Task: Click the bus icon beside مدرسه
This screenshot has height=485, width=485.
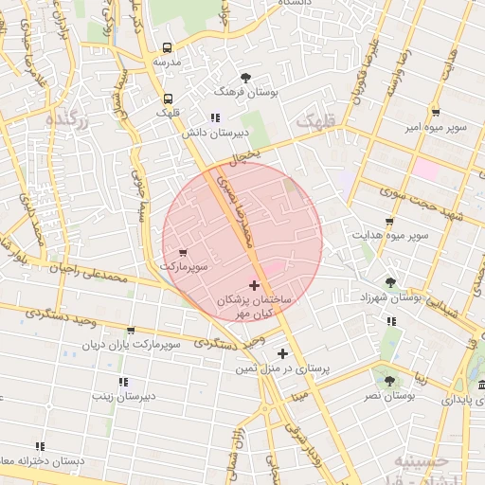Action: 168,48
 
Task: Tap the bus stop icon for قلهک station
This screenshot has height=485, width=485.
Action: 168,99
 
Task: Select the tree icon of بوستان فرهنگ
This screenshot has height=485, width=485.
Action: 246,78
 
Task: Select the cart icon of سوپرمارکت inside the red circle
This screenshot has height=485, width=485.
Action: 183,253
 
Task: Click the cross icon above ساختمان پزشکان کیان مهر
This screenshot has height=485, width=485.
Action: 253,285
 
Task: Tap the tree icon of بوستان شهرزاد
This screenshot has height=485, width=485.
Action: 390,282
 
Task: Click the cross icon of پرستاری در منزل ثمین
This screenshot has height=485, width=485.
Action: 282,353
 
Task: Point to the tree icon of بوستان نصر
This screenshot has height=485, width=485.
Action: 389,380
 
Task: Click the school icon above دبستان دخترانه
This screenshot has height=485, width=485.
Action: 40,445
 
